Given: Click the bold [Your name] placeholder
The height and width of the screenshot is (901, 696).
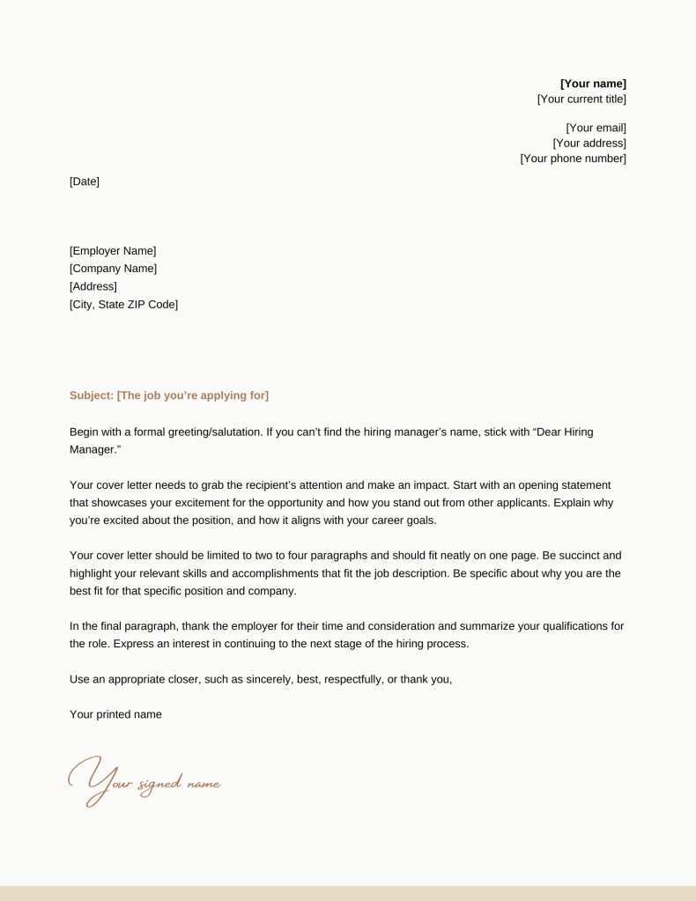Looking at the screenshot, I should [x=593, y=84].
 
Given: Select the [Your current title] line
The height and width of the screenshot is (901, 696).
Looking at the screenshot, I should [x=581, y=100].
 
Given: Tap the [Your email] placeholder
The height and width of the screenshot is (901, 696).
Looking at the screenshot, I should [x=596, y=128].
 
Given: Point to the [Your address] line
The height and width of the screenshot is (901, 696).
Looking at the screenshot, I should [x=589, y=143].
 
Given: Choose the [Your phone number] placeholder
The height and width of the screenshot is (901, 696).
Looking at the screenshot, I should [x=573, y=159].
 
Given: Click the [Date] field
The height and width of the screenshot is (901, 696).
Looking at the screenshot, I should [x=85, y=181].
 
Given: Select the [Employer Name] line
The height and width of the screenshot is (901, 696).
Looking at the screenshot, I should [x=113, y=251].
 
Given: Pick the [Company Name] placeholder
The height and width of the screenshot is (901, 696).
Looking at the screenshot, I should [x=113, y=269].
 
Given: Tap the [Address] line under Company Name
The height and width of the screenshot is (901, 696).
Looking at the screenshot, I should [x=93, y=286].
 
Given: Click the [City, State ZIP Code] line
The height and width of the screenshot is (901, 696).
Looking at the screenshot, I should [x=123, y=305].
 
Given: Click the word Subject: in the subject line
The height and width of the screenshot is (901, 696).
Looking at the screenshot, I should [x=92, y=395].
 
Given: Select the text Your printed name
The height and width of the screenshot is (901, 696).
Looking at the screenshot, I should [x=115, y=714].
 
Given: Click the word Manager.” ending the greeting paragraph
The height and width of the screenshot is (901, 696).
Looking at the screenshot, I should [x=95, y=449].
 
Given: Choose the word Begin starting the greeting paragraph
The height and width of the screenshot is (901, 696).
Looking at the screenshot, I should [x=85, y=432].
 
